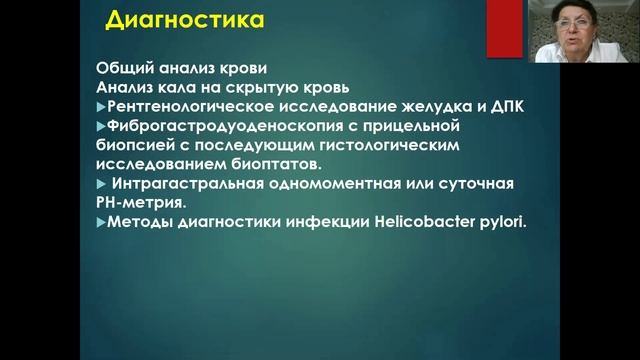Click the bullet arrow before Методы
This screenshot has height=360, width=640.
pyautogui.click(x=100, y=221)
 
